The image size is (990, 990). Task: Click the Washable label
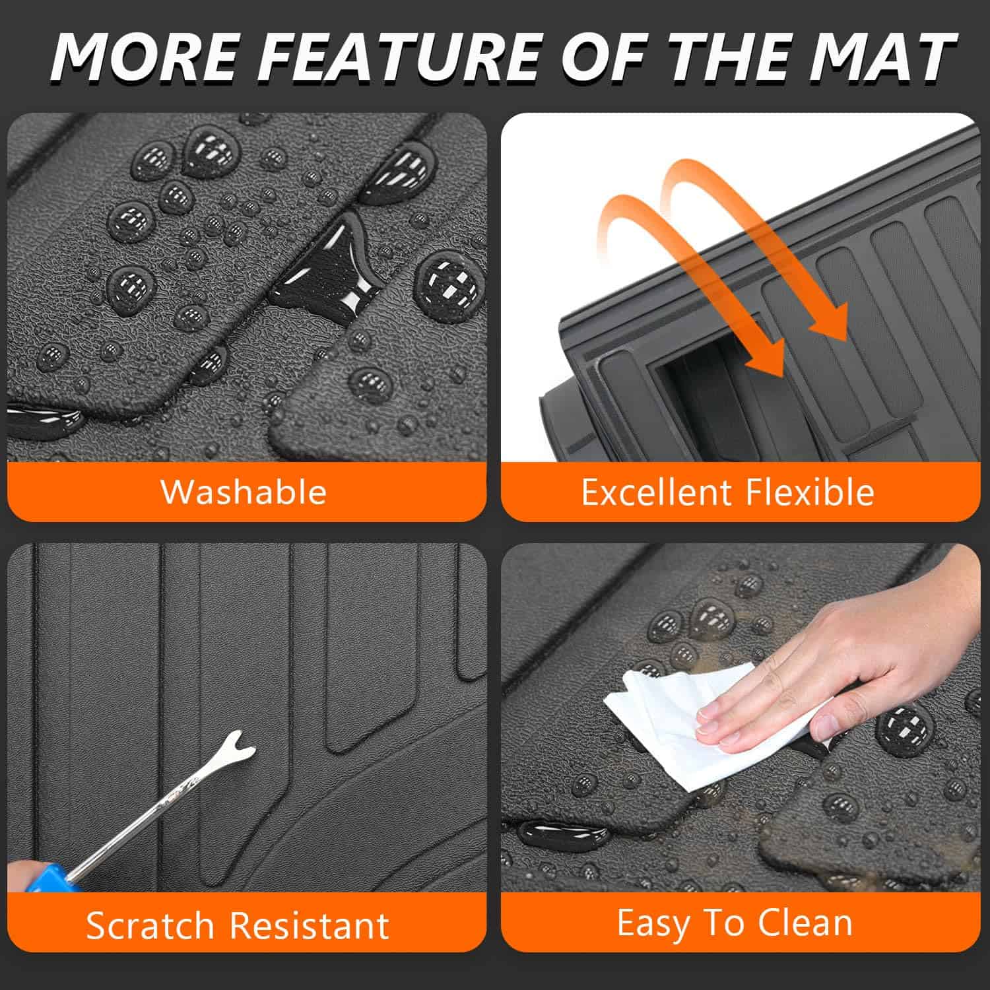click(244, 492)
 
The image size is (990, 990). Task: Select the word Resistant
click(309, 925)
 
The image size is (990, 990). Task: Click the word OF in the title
click(607, 57)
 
